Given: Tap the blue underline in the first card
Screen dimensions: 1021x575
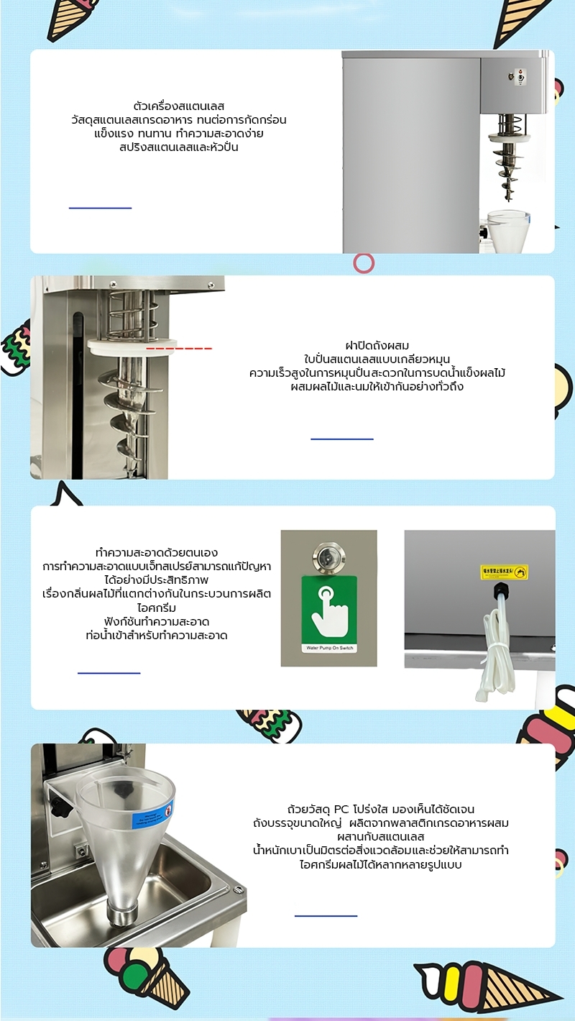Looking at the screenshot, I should pyautogui.click(x=100, y=208).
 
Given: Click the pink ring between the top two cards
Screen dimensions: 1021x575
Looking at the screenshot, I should pyautogui.click(x=364, y=263).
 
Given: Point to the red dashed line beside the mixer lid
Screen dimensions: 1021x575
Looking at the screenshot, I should pyautogui.click(x=179, y=349).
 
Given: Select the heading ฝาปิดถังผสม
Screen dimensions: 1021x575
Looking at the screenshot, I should pyautogui.click(x=377, y=346).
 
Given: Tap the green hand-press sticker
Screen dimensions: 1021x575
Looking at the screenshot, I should pyautogui.click(x=328, y=611).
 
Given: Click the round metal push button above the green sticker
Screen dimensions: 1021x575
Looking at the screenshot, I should pyautogui.click(x=328, y=557).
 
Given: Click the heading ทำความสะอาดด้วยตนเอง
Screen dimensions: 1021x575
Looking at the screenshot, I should pyautogui.click(x=156, y=553).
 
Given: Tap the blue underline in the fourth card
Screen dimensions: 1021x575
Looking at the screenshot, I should pyautogui.click(x=326, y=915).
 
